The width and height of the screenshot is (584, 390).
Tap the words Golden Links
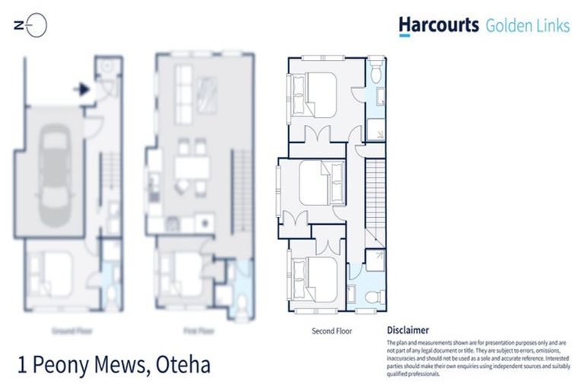pyautogui.click(x=527, y=26)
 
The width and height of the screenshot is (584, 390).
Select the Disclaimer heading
pyautogui.click(x=408, y=331)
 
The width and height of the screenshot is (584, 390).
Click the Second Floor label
pyautogui.click(x=332, y=331)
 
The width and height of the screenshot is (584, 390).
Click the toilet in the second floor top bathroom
pyautogui.click(x=376, y=72)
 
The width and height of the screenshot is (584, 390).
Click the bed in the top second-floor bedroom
pyautogui.click(x=317, y=94)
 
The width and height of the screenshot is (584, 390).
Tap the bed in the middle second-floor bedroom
pyautogui.click(x=316, y=183)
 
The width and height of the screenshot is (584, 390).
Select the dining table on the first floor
pyautogui.click(x=190, y=168)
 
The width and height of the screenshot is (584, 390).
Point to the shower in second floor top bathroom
pyautogui.click(x=376, y=125)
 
